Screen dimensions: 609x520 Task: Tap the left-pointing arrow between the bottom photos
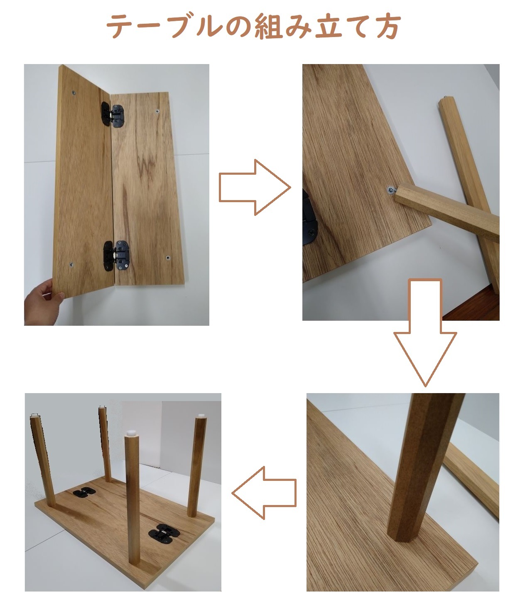coord(264,493)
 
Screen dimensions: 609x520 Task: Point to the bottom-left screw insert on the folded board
coord(71,265)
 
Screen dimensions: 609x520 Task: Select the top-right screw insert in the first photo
coord(157,111)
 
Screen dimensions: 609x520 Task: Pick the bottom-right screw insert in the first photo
coord(168,258)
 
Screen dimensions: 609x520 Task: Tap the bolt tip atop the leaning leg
coord(446,99)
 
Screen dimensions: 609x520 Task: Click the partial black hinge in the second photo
coord(309,216)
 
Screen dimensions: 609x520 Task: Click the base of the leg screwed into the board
coord(401,532)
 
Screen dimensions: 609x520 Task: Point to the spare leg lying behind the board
coord(473,478)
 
